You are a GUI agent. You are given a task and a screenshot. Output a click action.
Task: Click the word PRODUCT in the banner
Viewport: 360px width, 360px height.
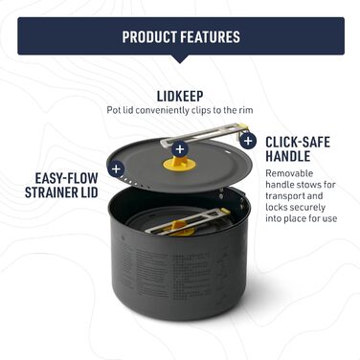pos(150,37)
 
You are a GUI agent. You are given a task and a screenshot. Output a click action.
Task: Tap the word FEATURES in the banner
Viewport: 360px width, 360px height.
pos(209,37)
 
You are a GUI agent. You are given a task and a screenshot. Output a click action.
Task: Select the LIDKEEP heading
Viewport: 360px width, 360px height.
pos(180,95)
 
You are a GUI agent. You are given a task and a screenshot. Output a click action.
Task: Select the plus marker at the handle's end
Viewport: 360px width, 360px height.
pos(248,140)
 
